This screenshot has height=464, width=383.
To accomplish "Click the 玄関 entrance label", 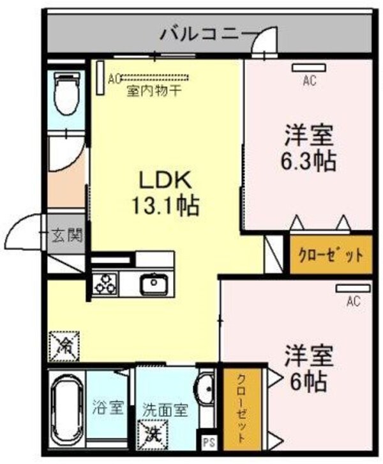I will click(66, 236).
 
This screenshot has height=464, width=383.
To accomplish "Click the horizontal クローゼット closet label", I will click(331, 256).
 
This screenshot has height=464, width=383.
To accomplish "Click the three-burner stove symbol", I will click(105, 283).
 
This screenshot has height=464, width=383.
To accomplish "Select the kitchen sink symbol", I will click(153, 282).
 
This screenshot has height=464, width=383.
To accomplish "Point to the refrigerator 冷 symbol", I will click(64, 345).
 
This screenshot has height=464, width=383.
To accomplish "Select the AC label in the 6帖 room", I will click(352, 301).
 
